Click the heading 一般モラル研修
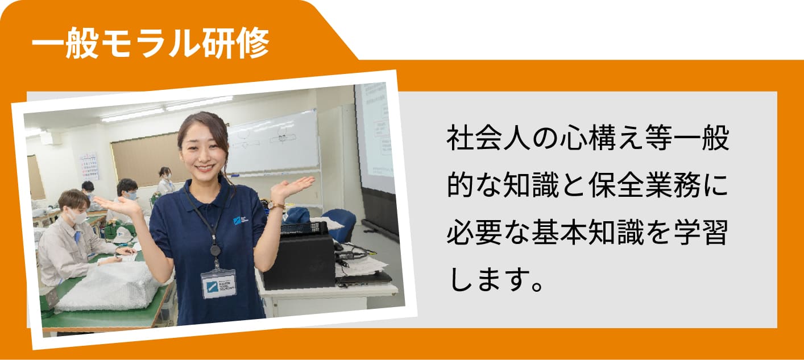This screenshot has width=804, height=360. (151, 43)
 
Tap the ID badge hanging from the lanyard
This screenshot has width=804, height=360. (218, 284)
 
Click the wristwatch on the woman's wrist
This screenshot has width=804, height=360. (275, 205)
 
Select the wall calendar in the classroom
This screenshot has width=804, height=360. (89, 167)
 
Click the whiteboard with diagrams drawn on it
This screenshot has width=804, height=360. (273, 143)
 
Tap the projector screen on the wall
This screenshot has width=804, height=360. (375, 136)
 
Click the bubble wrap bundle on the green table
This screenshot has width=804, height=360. (107, 287)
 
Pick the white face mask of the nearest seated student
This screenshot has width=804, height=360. (78, 217)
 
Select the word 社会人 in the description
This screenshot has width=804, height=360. (488, 138)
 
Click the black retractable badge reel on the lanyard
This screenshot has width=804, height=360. (215, 250)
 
